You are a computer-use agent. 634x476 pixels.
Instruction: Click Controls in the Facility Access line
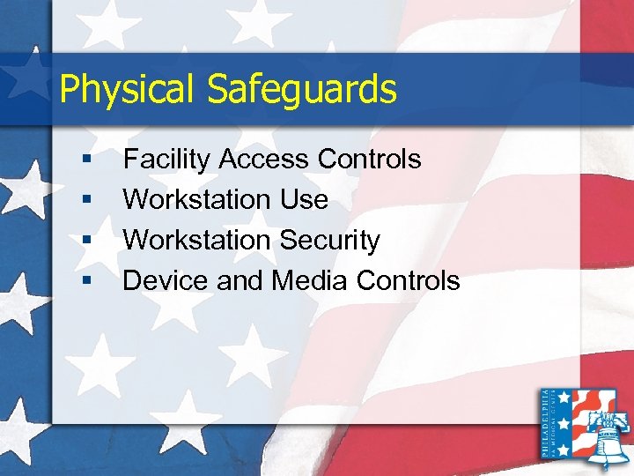tap(370, 160)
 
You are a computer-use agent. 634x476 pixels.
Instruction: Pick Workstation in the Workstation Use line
tap(199, 200)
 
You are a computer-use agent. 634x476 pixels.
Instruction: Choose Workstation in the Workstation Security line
tap(199, 241)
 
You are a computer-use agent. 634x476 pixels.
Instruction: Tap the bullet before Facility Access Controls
tap(86, 160)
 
